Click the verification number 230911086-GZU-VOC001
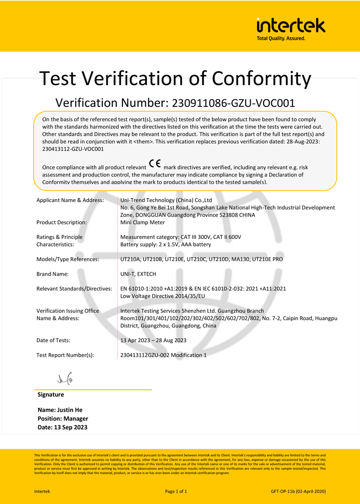(233, 103)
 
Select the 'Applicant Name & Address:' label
(70, 200)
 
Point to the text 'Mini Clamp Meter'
(143, 222)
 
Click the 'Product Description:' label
(62, 222)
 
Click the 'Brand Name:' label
(52, 274)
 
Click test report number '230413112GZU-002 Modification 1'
(163, 355)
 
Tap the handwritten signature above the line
(65, 378)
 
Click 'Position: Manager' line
(63, 418)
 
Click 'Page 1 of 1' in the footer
(176, 491)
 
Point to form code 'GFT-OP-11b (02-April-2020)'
(298, 491)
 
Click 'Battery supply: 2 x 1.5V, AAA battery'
(165, 244)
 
